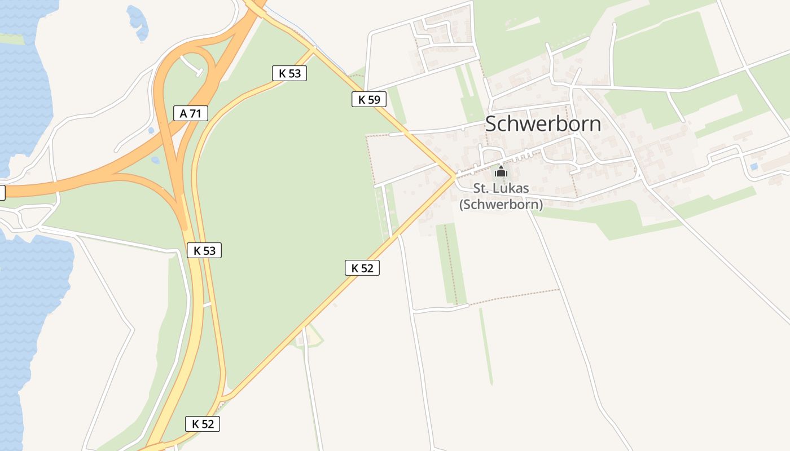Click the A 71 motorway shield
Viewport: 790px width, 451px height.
coord(191,113)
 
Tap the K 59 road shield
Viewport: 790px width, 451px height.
coord(369,100)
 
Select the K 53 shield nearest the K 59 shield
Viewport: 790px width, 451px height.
coord(289,73)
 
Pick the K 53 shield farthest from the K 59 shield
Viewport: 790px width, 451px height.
coord(204,250)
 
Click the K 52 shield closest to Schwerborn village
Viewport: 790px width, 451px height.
coord(362,268)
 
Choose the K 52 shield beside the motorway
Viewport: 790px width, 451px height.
coord(203,424)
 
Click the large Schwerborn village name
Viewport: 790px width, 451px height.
coord(543,124)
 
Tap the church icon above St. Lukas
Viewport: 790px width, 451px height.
coord(501,172)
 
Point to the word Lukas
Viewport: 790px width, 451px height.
coord(512,188)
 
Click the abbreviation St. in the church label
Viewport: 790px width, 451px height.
coord(481,188)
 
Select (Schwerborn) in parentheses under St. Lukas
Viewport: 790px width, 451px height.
coord(501,204)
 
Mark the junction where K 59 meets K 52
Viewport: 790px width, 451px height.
coord(454,176)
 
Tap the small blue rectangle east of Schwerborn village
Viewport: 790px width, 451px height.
coord(754,166)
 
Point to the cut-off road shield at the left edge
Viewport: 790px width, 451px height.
coord(2,192)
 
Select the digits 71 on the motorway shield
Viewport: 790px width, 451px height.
coord(195,113)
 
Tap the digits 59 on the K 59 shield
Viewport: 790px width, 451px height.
coord(374,100)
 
